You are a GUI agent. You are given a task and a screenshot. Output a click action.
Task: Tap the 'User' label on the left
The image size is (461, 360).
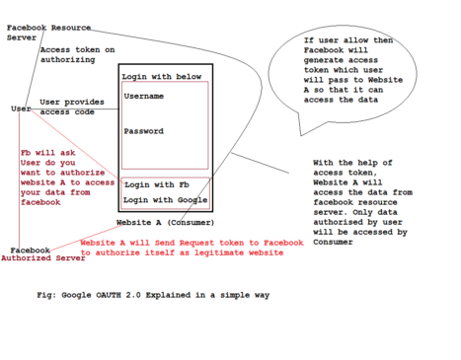click(x=20, y=108)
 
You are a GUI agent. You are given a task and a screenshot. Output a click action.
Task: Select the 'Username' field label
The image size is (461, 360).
click(x=144, y=97)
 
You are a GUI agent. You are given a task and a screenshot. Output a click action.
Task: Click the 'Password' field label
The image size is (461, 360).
click(x=143, y=131)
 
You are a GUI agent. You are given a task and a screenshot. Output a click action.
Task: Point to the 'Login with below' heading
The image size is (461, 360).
click(x=161, y=76)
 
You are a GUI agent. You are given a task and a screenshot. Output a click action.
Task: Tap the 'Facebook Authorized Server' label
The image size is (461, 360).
click(x=42, y=254)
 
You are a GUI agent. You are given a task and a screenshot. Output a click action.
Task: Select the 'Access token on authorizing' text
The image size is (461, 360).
click(x=77, y=54)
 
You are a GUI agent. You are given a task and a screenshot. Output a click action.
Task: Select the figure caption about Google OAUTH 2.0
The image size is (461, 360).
click(x=151, y=294)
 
